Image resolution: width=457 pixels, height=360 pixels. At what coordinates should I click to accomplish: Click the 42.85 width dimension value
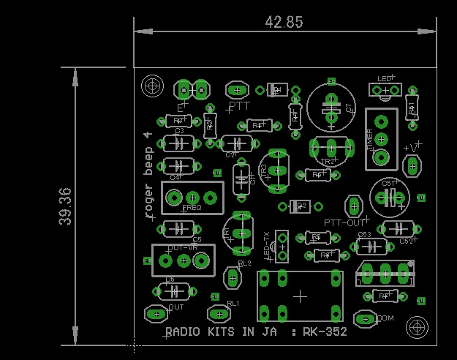coord(284,22)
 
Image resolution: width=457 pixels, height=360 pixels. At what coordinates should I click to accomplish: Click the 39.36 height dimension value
coord(65,206)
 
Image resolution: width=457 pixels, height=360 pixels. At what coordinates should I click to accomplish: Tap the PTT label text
coord(239,105)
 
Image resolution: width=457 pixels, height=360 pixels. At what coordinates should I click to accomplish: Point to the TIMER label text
coord(369,138)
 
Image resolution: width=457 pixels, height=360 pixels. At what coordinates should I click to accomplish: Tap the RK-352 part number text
coord(325,331)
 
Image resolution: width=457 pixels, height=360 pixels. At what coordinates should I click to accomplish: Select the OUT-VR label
coord(183,248)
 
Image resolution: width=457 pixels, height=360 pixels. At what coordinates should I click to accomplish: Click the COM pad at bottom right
coord(364,318)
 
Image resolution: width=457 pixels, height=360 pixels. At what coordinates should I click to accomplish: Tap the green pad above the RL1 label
coord(218,314)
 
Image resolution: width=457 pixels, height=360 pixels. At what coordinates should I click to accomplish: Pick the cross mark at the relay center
coord(300,296)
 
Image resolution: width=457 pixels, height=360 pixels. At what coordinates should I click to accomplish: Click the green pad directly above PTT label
coord(237,90)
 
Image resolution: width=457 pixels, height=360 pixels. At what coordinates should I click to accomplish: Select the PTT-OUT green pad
coord(355,206)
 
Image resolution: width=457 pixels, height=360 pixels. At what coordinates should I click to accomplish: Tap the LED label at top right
coord(385,78)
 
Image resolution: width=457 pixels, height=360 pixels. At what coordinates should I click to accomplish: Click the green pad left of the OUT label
coord(156,314)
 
